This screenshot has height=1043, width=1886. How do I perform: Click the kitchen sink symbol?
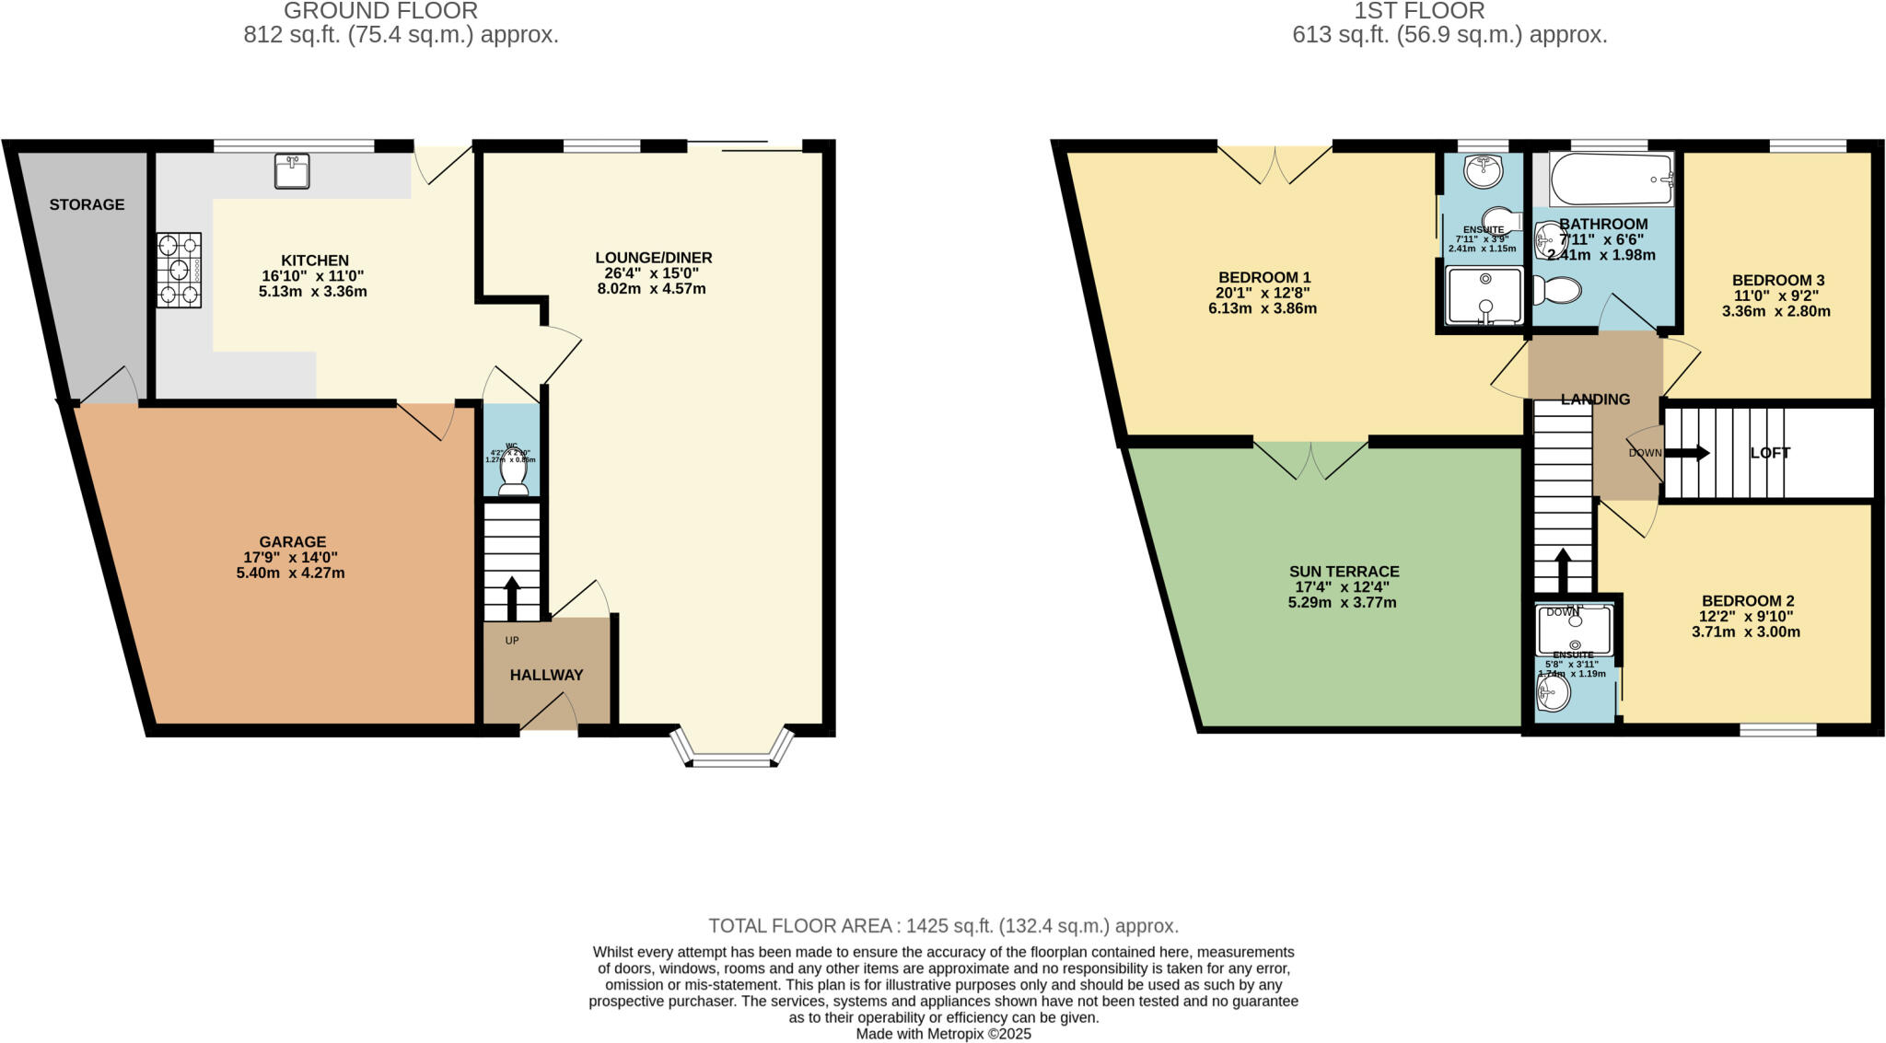(x=292, y=171)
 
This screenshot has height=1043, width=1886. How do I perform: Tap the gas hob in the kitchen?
(x=179, y=271)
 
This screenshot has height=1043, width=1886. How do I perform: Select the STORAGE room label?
(x=87, y=204)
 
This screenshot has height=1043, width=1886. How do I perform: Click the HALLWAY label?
(x=546, y=675)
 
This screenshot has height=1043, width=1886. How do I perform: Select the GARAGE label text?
(x=292, y=542)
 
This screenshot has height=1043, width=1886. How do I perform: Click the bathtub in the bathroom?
(x=1611, y=180)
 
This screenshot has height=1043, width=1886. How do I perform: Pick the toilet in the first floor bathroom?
(x=1556, y=291)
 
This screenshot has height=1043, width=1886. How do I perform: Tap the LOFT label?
(x=1769, y=453)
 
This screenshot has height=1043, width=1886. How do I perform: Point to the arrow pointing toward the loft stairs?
(x=1687, y=453)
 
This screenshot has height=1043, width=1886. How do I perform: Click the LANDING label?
(x=1595, y=400)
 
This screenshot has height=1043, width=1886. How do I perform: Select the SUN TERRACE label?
(x=1344, y=572)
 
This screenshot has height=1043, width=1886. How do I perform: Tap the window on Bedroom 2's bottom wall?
(x=1777, y=730)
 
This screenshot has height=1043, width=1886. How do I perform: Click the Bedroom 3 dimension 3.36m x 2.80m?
(x=1775, y=311)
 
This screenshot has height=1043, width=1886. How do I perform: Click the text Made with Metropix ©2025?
(x=943, y=1034)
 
